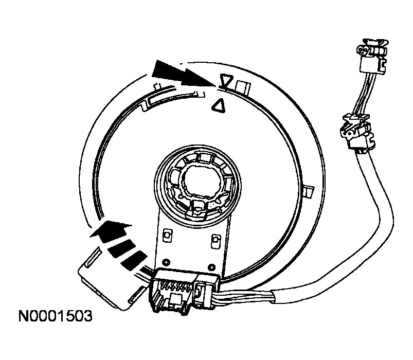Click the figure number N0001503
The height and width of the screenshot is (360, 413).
coord(56,316)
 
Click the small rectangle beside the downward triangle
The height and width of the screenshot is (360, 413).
coord(243,87)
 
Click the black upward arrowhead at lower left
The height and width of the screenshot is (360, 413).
coord(111,230)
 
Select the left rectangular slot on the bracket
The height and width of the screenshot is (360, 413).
coord(168,235)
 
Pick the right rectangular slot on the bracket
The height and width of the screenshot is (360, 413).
coord(216,241)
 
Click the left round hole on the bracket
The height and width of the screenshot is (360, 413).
coord(166,262)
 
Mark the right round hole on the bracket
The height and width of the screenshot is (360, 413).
coord(211,267)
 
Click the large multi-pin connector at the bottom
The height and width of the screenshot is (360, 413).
coord(172,291)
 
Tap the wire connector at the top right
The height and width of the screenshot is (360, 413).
coord(372,56)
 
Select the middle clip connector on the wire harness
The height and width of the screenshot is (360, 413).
coord(357,132)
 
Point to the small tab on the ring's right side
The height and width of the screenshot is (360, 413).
coord(309,192)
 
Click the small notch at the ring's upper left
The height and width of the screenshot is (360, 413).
coord(157,86)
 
